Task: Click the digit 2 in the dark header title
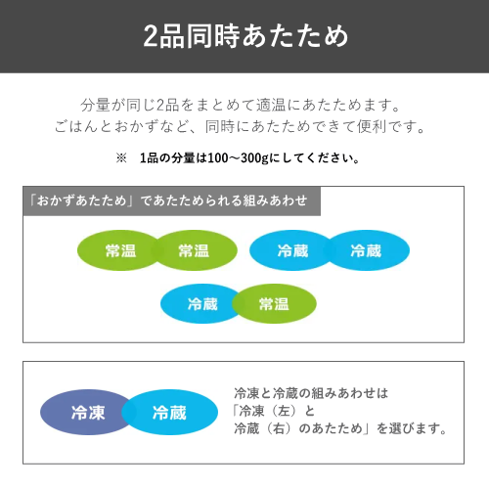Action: pyautogui.click(x=151, y=36)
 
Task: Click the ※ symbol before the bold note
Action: pyautogui.click(x=121, y=158)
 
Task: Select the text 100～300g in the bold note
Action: pyautogui.click(x=238, y=158)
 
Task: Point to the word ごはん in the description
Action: pyautogui.click(x=76, y=126)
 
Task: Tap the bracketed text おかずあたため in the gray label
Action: pyautogui.click(x=81, y=200)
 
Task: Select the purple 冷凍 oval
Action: pyautogui.click(x=85, y=413)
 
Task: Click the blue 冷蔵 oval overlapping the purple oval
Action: pyautogui.click(x=169, y=413)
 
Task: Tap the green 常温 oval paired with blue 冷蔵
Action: pyautogui.click(x=274, y=304)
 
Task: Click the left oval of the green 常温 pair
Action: pyautogui.click(x=119, y=250)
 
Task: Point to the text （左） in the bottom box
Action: pyautogui.click(x=285, y=411)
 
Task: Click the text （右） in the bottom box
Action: pyautogui.click(x=279, y=428)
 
